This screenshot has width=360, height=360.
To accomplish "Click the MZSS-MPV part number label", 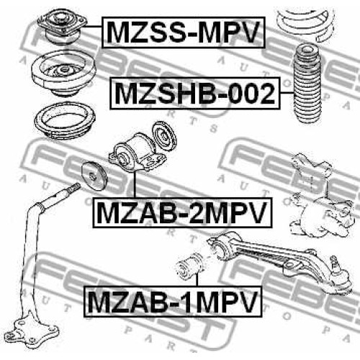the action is [184, 32].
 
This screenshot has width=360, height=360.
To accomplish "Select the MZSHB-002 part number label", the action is [195, 93].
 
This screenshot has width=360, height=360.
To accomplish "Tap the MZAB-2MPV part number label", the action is [182, 212].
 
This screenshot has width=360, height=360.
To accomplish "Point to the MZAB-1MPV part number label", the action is [173, 302].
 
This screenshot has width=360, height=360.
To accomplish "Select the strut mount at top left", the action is [62, 27].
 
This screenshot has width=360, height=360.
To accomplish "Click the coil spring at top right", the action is [305, 23].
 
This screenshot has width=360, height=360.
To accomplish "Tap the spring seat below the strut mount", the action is [64, 73].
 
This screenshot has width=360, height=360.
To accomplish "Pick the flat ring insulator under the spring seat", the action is [65, 121].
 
